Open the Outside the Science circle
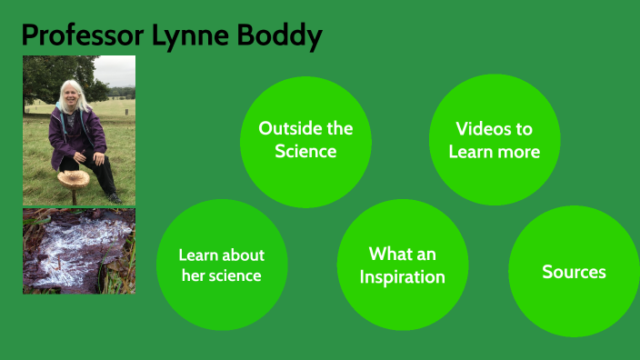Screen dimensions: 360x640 coord(305,140)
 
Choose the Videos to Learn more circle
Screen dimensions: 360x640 coord(494,140)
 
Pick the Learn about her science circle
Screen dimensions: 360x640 coord(221,265)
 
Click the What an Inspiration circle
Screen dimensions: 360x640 coord(402,265)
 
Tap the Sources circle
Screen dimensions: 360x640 coord(574,272)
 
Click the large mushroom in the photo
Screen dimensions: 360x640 coord(73,177)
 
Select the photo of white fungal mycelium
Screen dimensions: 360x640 coord(79,251)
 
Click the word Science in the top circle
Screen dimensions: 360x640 coord(305,151)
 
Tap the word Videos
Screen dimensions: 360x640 coord(494,129)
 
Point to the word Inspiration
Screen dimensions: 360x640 coord(402,276)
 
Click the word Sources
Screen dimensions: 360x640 coord(574,272)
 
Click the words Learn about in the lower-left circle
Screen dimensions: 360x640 coord(221,255)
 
